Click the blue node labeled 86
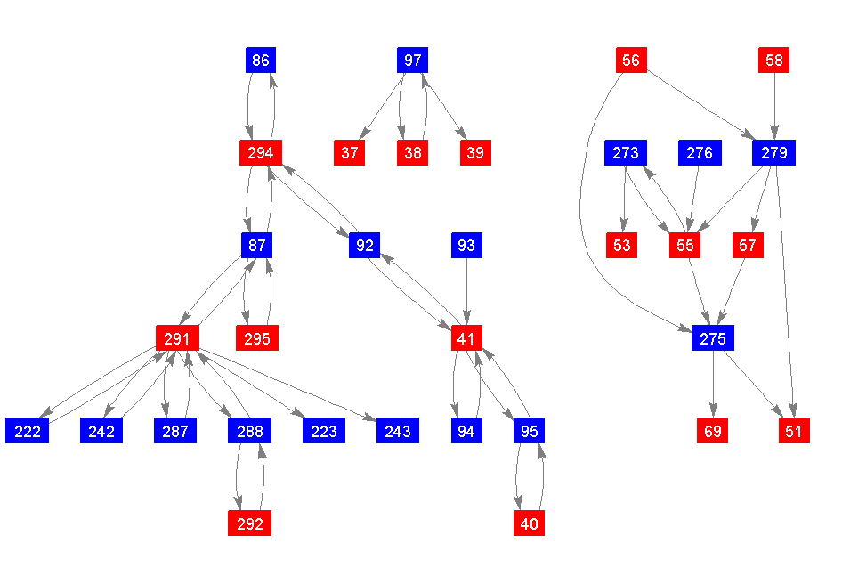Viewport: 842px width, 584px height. [260, 61]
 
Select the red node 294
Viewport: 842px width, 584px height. [261, 153]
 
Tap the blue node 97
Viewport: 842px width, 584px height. [412, 61]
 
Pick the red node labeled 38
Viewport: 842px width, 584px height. [412, 153]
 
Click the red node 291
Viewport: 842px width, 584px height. [177, 338]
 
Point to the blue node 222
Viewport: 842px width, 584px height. [28, 431]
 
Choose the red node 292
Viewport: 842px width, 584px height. [250, 523]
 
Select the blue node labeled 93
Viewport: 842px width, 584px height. [466, 246]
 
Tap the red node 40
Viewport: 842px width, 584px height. [529, 523]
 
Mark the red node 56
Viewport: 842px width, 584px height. [631, 61]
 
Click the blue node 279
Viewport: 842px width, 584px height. [774, 153]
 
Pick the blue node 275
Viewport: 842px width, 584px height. [713, 338]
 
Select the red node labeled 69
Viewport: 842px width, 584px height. [713, 431]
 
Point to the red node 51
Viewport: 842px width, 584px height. [794, 431]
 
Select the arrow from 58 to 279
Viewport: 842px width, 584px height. [774, 107]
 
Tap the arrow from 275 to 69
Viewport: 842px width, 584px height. [713, 385]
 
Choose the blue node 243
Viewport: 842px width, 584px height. [398, 431]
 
